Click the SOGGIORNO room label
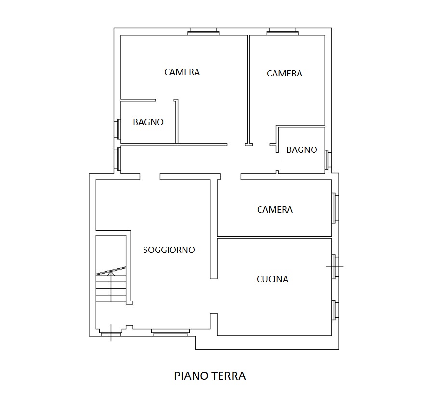point(169,250)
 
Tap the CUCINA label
point(273,279)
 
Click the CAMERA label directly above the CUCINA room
point(274,209)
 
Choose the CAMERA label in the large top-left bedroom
point(182,72)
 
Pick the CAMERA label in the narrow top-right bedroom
point(284,73)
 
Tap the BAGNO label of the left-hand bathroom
point(148,122)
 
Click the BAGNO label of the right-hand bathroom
point(301,150)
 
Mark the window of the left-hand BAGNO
point(118,129)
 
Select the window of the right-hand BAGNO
point(328,160)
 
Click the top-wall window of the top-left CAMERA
point(203,31)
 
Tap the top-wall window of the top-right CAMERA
point(283,31)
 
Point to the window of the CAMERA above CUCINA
point(335,208)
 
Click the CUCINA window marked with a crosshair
point(335,267)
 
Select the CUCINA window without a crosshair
point(335,310)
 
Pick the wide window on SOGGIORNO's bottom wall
point(170,333)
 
